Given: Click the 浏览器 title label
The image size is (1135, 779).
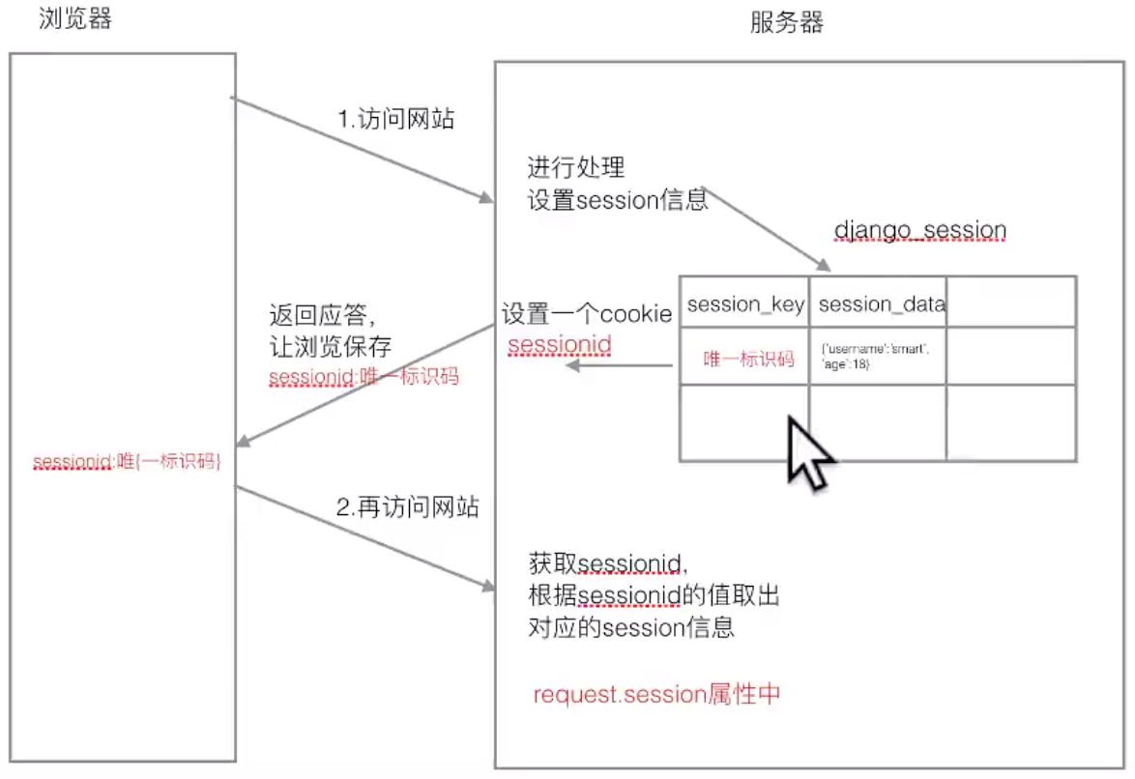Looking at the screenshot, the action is (74, 18).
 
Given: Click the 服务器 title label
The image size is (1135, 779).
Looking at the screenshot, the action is (787, 23).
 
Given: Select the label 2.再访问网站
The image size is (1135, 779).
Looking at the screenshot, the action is (408, 507).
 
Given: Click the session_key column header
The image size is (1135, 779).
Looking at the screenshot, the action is (745, 304).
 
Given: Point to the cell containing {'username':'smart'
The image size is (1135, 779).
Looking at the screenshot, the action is (876, 356).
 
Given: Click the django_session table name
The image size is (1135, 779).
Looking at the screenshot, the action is (919, 231).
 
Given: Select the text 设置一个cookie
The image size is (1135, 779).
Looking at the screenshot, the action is (586, 315).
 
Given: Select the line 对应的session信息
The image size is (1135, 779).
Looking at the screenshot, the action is (631, 627).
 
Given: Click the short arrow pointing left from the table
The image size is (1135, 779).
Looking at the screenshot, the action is (619, 365).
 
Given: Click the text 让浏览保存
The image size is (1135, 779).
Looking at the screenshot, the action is (330, 346).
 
